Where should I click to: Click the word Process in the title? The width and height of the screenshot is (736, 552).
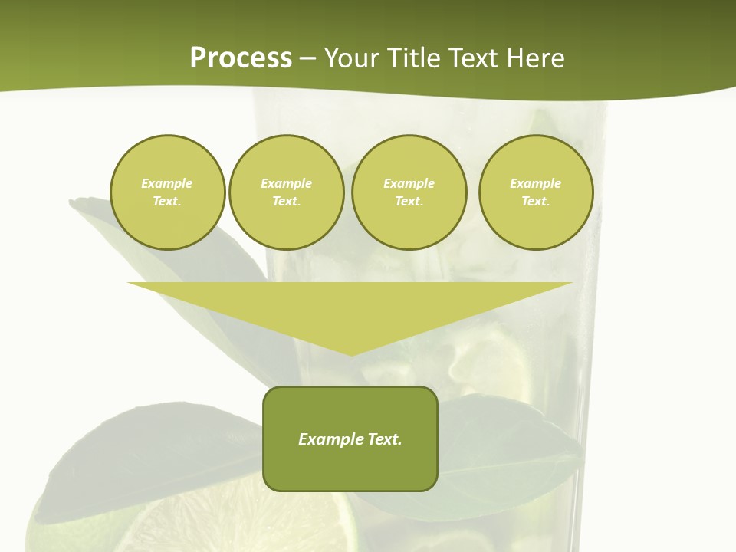coord(241,58)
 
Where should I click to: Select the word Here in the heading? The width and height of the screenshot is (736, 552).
coord(534,58)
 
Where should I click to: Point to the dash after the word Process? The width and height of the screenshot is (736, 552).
coord(307,59)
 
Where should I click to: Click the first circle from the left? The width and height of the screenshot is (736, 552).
coord(168,192)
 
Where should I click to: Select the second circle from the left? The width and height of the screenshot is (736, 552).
coord(287,192)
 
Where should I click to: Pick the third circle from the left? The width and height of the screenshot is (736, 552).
coord(409,192)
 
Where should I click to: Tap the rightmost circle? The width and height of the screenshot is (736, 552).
coord(536,192)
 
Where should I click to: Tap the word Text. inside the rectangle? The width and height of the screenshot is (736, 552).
coord(384,439)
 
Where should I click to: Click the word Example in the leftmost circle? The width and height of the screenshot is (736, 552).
coord(167,183)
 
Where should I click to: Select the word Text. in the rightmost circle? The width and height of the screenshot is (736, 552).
coord(536,202)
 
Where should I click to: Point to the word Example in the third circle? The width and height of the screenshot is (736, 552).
coord(409,183)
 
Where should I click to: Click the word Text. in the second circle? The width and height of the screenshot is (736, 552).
coord(287,202)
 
